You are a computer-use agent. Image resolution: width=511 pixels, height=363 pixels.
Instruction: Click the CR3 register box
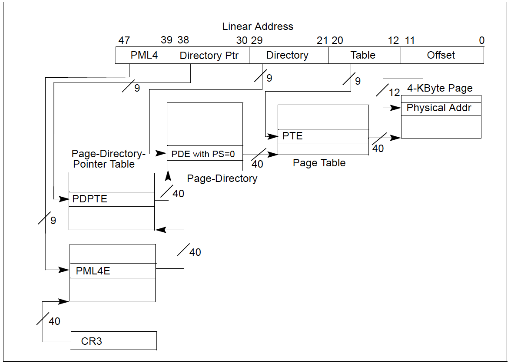tap(113, 341)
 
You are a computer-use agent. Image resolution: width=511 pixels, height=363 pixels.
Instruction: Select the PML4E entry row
tap(112, 271)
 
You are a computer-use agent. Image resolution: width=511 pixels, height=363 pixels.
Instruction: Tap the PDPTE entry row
tap(112, 199)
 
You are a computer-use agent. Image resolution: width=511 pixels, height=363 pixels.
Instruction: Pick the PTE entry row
tap(323, 136)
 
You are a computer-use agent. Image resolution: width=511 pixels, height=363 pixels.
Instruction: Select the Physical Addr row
tap(441, 108)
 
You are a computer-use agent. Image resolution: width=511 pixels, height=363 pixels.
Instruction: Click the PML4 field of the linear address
tap(144, 56)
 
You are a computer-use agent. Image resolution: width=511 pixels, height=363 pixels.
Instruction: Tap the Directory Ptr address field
tap(211, 56)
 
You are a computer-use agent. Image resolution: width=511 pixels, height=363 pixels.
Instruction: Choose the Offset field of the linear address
tap(441, 56)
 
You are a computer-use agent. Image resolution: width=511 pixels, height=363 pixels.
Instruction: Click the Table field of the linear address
tap(363, 56)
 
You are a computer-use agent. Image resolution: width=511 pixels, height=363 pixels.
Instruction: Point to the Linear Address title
tap(258, 26)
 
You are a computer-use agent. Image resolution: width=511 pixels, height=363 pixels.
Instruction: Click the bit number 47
tap(124, 40)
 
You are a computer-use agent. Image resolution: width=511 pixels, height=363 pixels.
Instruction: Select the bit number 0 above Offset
tap(481, 40)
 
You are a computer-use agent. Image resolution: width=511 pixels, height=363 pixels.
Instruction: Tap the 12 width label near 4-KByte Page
tap(394, 92)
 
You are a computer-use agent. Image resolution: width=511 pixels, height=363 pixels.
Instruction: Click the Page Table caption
tap(319, 163)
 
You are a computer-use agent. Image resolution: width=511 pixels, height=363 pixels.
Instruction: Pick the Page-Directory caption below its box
tap(222, 178)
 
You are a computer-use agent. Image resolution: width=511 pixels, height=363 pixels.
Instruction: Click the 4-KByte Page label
tap(440, 88)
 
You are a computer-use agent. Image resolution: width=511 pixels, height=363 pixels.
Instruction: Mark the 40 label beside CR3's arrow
tap(54, 321)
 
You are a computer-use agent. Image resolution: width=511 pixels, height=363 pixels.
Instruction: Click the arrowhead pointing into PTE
tap(274, 136)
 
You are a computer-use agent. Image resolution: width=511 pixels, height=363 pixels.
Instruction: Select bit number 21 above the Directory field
tap(322, 40)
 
